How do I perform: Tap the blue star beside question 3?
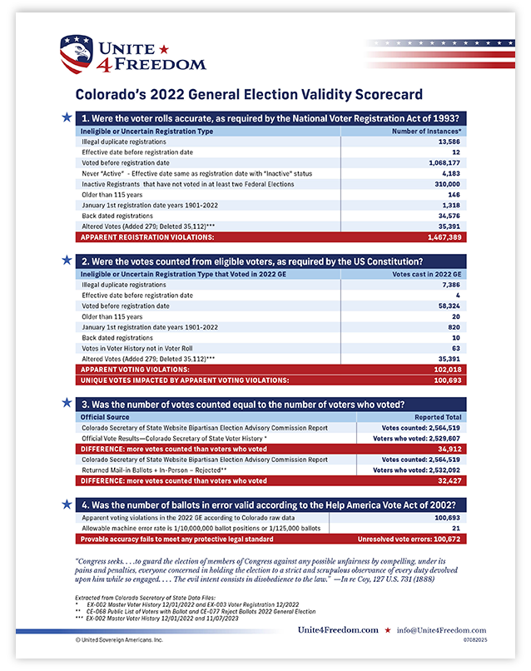coord(66,403)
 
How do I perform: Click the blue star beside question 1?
coord(66,118)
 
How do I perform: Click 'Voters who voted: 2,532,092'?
coord(417,470)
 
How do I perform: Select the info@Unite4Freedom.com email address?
coord(454,630)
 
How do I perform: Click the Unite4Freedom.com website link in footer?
coord(337,630)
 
